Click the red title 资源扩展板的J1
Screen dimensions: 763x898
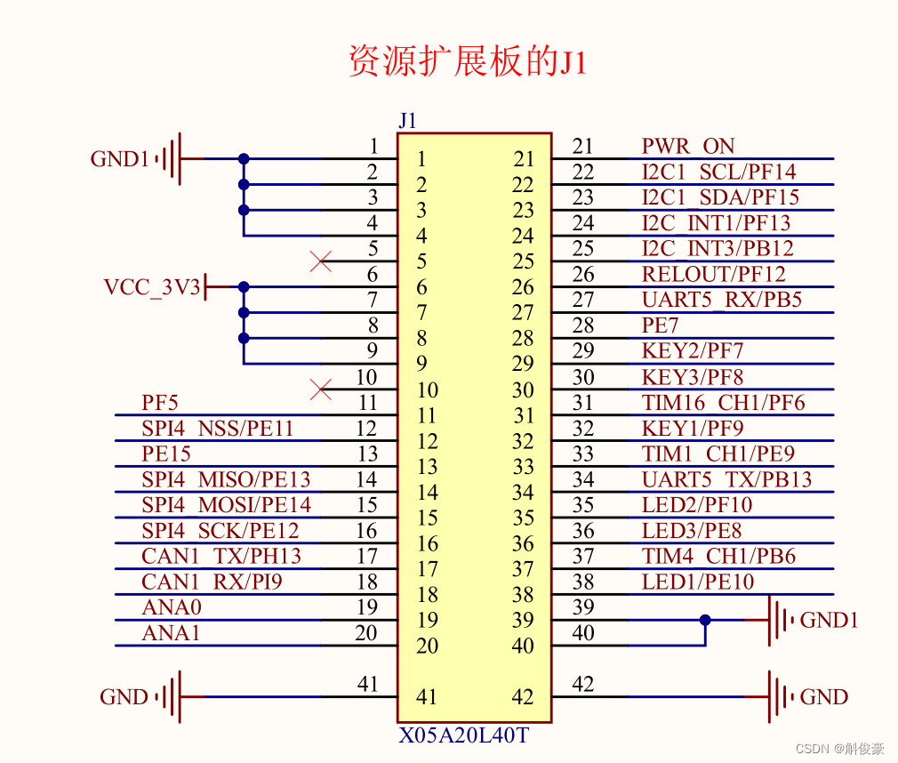pyautogui.click(x=467, y=63)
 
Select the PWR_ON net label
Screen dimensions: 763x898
pyautogui.click(x=688, y=147)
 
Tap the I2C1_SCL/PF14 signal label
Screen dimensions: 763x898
pyautogui.click(x=718, y=172)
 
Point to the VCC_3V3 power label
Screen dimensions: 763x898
pyautogui.click(x=152, y=287)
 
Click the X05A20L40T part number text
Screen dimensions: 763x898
pyautogui.click(x=463, y=736)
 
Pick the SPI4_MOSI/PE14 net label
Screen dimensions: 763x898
pyautogui.click(x=226, y=505)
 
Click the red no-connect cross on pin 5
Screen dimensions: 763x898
pyautogui.click(x=321, y=261)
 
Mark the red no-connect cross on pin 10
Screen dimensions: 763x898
pyautogui.click(x=321, y=390)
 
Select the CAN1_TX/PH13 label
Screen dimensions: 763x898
pyautogui.click(x=221, y=557)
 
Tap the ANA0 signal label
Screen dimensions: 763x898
pyautogui.click(x=172, y=607)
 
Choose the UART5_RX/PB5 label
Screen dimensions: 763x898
pyautogui.click(x=721, y=300)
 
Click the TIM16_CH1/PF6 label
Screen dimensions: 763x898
pyautogui.click(x=723, y=403)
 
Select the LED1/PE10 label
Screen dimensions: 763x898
pyautogui.click(x=697, y=582)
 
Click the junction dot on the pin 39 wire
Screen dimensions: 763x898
pyautogui.click(x=705, y=620)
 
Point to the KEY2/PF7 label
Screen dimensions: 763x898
pyautogui.click(x=692, y=351)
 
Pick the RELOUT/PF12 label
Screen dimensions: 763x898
pyautogui.click(x=713, y=275)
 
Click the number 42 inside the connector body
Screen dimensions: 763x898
pyautogui.click(x=523, y=696)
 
